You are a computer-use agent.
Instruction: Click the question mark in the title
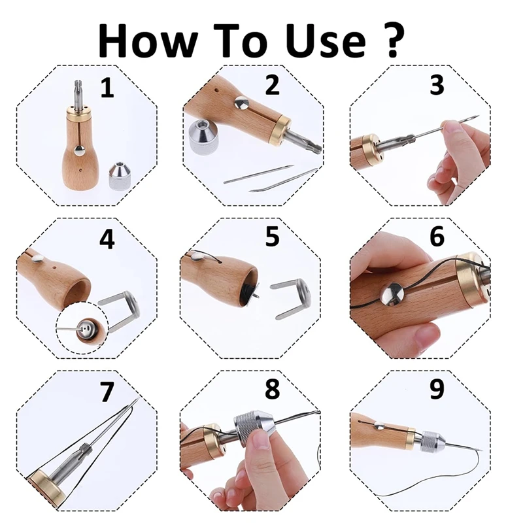coord(392,40)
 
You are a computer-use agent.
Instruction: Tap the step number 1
coord(107,88)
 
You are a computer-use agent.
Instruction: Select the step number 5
coord(272,237)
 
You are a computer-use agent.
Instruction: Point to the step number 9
coord(437,388)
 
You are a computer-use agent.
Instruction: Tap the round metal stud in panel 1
coord(79,151)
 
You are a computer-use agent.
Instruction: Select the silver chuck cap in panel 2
coord(203,138)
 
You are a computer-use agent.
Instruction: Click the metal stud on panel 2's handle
coord(241,103)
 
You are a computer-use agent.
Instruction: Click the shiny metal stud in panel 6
coord(393,294)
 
